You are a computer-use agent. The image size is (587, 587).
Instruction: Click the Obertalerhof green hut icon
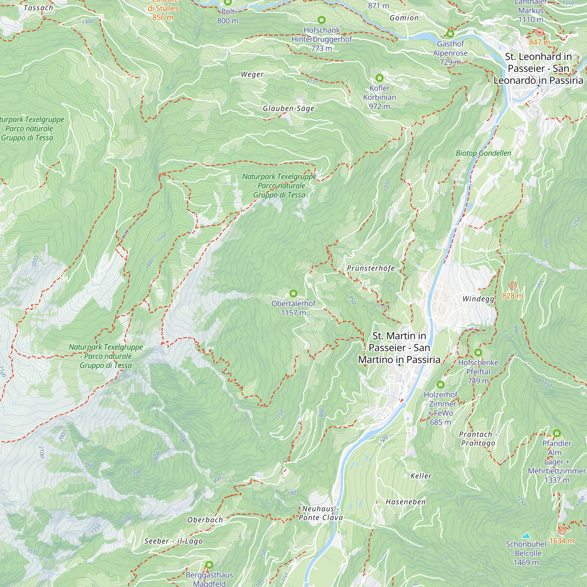point(293,293)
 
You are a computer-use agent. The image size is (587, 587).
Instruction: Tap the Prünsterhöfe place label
point(371,268)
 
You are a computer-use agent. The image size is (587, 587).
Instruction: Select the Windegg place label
point(478,299)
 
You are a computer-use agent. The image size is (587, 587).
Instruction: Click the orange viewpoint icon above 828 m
point(512,286)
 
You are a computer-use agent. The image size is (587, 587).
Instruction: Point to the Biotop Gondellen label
point(483,153)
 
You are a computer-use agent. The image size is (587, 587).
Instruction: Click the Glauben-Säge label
point(288,109)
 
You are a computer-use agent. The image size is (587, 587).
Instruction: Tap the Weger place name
point(252,75)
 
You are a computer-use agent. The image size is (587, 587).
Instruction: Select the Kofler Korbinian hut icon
point(379,78)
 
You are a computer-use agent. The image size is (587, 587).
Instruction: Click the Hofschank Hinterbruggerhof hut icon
point(321,20)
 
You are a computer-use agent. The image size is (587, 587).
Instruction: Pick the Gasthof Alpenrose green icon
point(450,34)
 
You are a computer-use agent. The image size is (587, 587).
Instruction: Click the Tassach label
point(38,8)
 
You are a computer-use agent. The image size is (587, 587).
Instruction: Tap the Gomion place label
point(404,18)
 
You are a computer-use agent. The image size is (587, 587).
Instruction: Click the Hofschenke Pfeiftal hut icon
point(478,352)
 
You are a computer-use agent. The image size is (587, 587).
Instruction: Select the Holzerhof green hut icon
point(441,385)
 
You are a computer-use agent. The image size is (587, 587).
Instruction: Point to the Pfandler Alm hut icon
point(556,433)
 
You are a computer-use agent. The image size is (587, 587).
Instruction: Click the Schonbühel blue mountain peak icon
point(526,535)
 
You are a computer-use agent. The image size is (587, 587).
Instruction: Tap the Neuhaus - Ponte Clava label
point(321,513)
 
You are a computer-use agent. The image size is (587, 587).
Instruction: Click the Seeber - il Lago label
point(173,541)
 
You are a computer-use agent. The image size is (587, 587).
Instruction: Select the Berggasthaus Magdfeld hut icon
point(209,565)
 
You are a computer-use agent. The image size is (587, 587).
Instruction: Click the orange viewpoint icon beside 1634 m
point(561,530)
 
